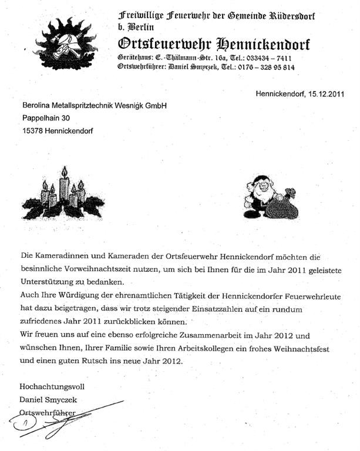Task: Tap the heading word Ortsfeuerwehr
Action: pyautogui.click(x=156, y=44)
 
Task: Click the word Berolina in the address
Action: pyautogui.click(x=38, y=106)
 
